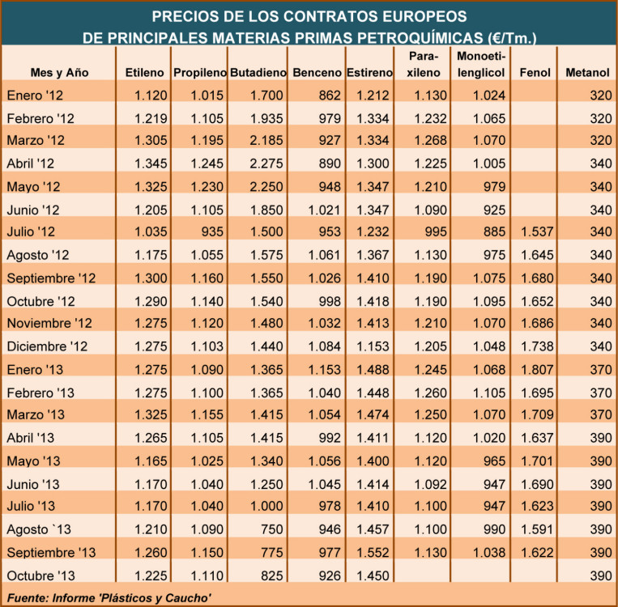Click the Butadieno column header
pos(256,73)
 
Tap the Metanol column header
pos(587,73)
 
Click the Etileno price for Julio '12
pos(150,232)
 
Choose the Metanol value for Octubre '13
pos(597,575)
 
